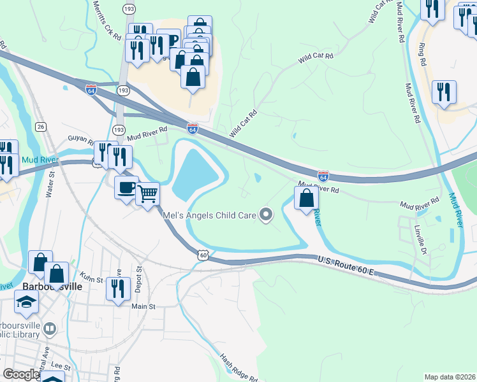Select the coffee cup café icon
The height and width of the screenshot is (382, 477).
pyautogui.click(x=126, y=188)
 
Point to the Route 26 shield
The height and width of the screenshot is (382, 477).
pyautogui.click(x=41, y=127)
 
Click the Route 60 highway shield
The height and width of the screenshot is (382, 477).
pyautogui.click(x=203, y=255)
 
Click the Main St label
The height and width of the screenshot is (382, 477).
pyautogui.click(x=143, y=306)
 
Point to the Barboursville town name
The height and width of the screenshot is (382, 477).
pyautogui.click(x=52, y=286)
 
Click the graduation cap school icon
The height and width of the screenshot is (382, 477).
pyautogui.click(x=27, y=302)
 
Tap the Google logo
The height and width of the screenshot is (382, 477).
pyautogui.click(x=21, y=374)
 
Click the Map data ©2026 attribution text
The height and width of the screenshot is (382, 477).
pyautogui.click(x=450, y=376)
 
